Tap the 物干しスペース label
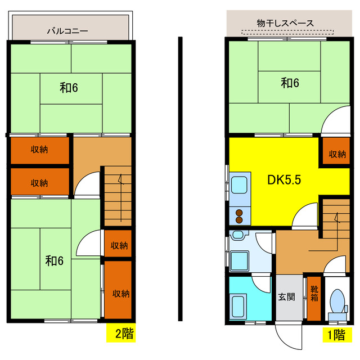[285, 23]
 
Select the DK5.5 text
[285, 180]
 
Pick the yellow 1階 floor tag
[336, 335]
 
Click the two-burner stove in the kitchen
[239, 214]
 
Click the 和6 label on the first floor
[290, 83]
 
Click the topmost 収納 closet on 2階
[39, 150]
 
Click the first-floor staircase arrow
[336, 217]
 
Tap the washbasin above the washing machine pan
[238, 235]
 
